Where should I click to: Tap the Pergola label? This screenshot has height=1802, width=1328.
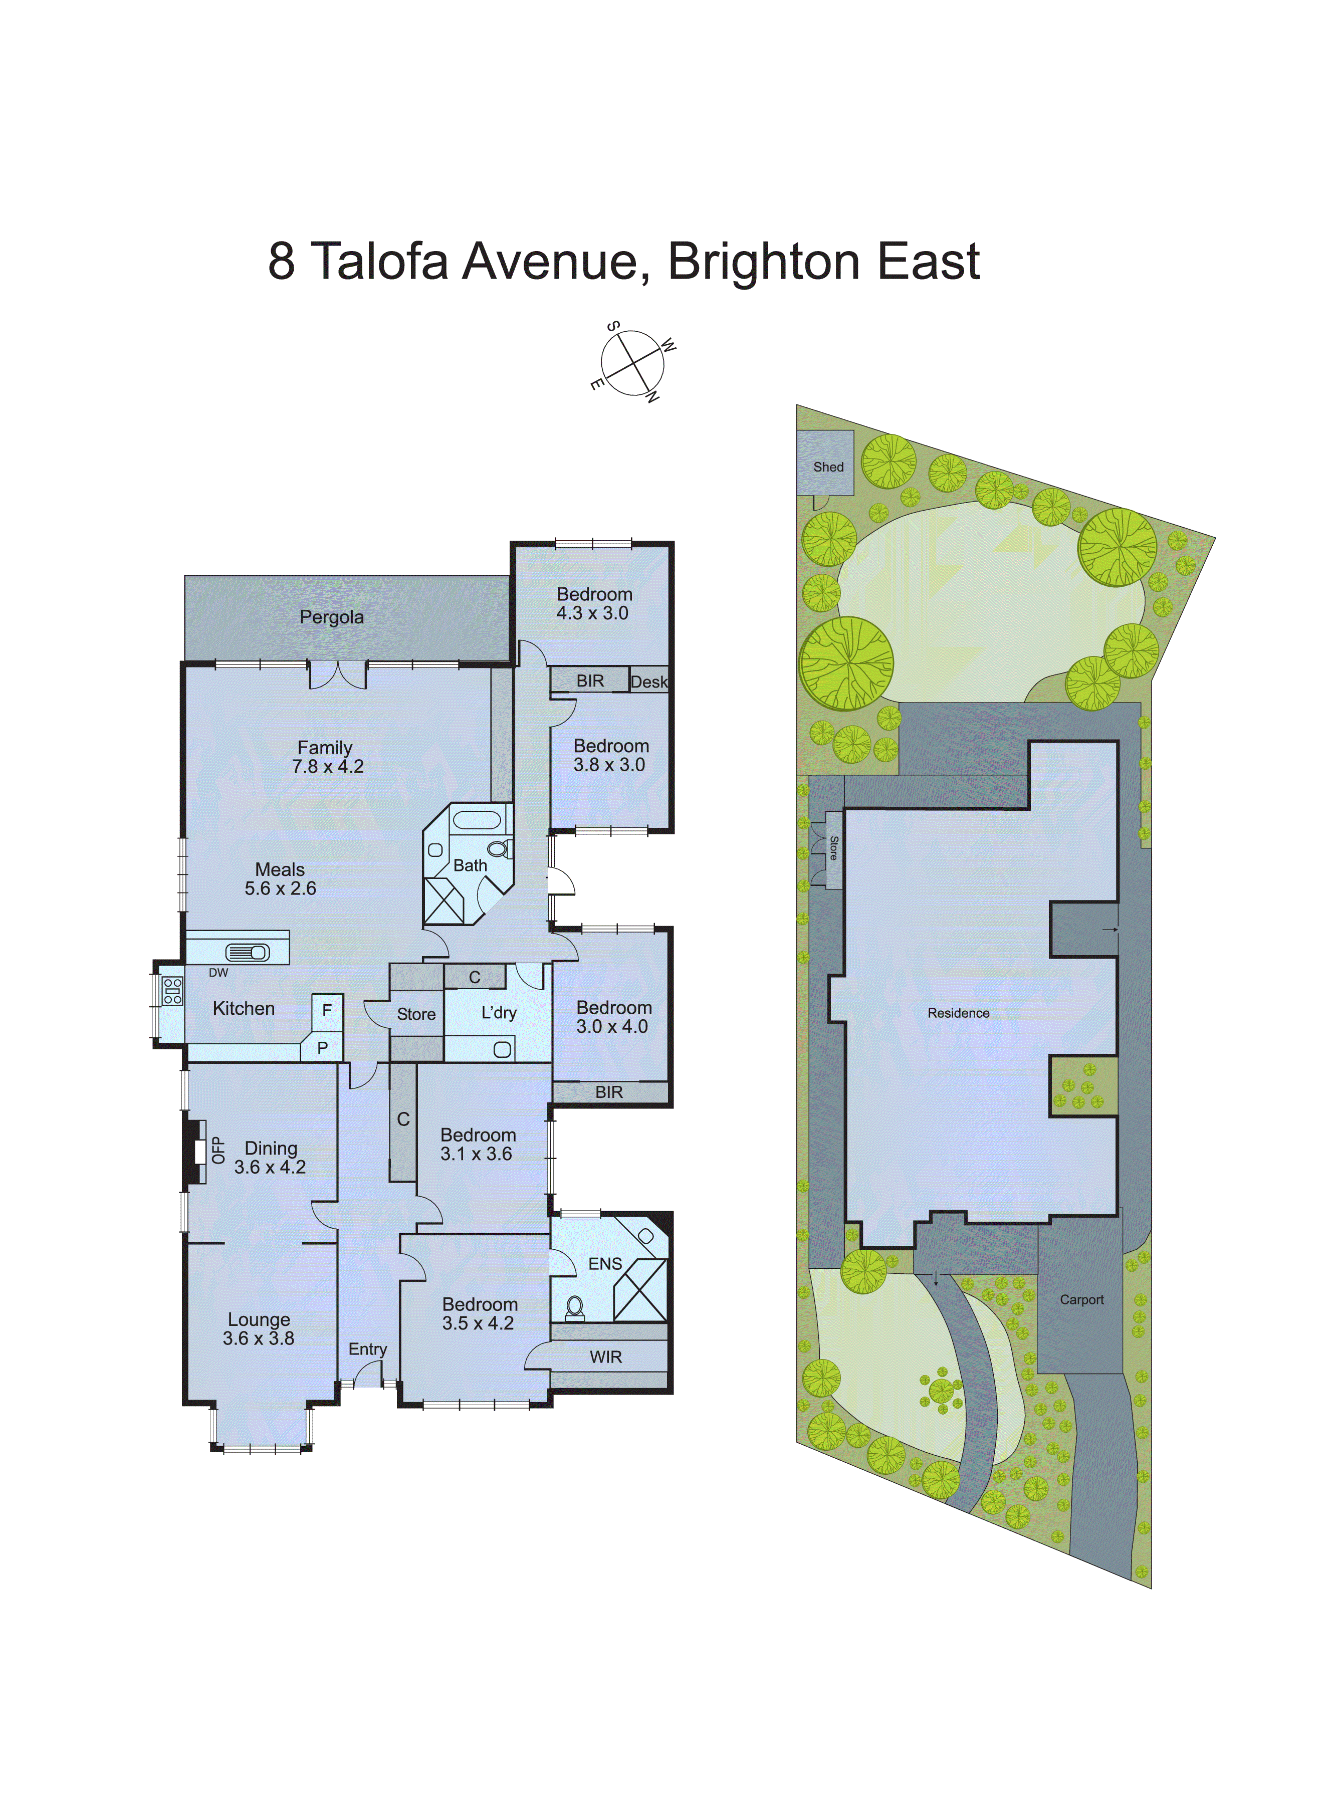(x=331, y=617)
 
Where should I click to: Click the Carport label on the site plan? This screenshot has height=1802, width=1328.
(x=1081, y=1300)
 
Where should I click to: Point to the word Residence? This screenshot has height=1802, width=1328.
(x=958, y=1014)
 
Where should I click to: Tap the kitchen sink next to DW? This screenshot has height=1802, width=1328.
(x=248, y=953)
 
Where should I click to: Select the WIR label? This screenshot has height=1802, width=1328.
(x=605, y=1358)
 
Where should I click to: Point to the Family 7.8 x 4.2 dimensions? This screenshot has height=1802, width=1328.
(x=328, y=767)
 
